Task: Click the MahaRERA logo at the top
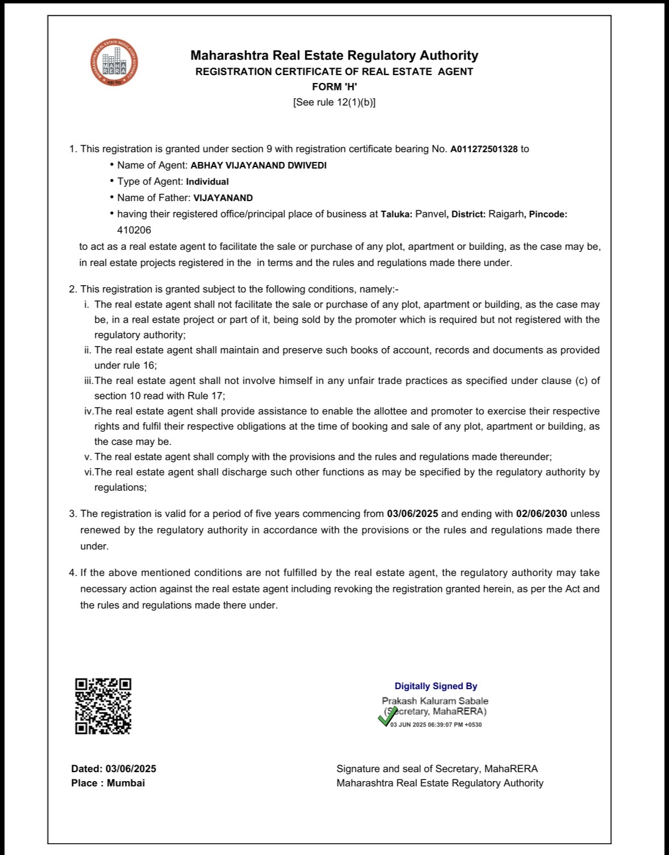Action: tap(114, 63)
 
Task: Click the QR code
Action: tap(103, 706)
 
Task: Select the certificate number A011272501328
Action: tap(484, 149)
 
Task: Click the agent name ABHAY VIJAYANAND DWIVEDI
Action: tap(258, 165)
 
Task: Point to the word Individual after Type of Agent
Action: tap(207, 182)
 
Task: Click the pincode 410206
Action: tap(134, 230)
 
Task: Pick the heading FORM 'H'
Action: tap(334, 87)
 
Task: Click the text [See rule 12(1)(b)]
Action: tap(334, 102)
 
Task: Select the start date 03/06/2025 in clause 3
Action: tap(413, 514)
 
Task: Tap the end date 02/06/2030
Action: tap(541, 514)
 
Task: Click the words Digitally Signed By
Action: tap(436, 686)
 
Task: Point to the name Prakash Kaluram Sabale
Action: tap(435, 701)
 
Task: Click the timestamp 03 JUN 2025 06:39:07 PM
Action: tap(436, 725)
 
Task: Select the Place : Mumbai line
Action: tap(108, 783)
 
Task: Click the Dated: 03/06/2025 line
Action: tap(113, 769)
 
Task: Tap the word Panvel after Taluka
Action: tap(431, 214)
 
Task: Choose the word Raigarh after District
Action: tap(506, 214)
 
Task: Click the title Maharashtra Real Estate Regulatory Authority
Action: tap(334, 56)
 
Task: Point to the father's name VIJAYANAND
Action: tap(223, 198)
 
